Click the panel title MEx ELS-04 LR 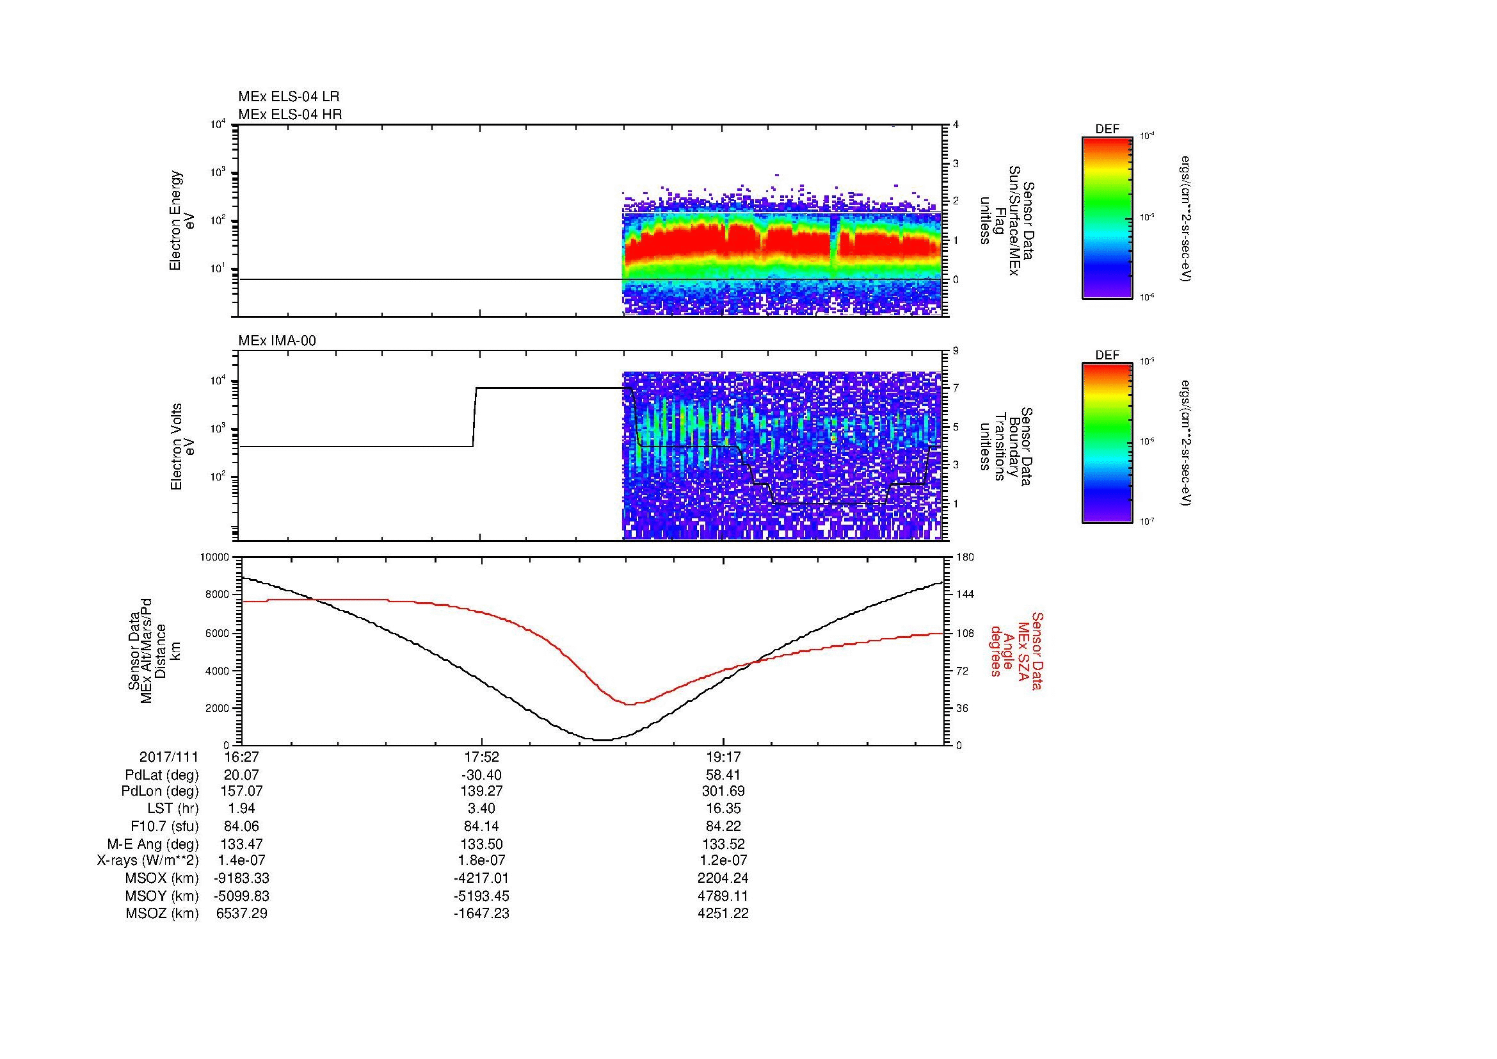[x=289, y=97]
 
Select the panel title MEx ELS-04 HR [x=290, y=114]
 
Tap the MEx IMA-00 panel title [x=277, y=341]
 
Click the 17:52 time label [x=481, y=757]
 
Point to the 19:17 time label [x=723, y=757]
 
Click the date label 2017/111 [x=169, y=757]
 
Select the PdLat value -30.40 [x=481, y=775]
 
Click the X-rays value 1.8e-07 [x=481, y=860]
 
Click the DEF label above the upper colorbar [x=1107, y=129]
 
